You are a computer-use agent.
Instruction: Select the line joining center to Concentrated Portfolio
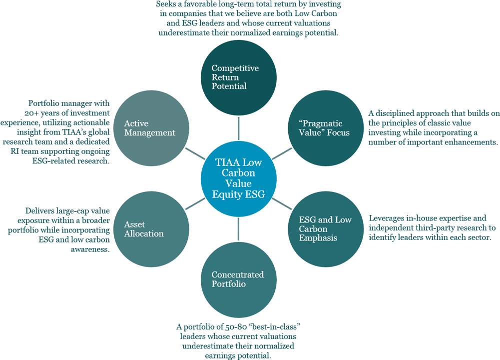[239, 227]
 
